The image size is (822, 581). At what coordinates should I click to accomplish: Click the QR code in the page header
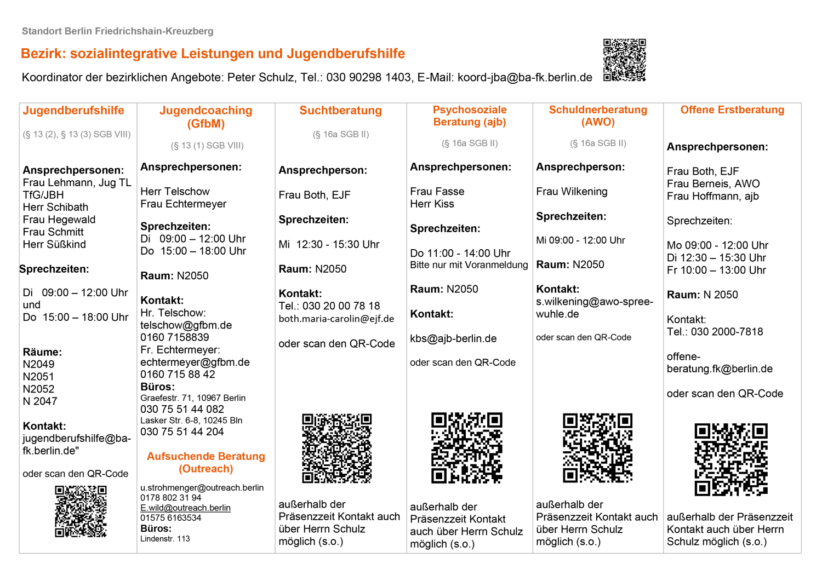coord(624,60)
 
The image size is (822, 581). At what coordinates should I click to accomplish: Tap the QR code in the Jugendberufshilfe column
coord(81,511)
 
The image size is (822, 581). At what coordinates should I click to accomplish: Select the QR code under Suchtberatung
coord(337,448)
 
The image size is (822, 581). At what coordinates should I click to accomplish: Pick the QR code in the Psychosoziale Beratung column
coord(466,448)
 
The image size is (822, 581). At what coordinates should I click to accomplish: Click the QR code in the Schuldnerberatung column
coord(597,448)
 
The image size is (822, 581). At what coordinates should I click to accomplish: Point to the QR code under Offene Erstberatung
coord(730,459)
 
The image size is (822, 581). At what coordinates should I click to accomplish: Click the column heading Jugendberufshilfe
coord(73,111)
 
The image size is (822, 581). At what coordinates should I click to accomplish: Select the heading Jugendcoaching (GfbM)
coord(206,117)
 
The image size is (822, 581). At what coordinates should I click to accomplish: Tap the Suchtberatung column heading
coord(340,111)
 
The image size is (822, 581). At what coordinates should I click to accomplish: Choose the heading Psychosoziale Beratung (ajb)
coord(470,116)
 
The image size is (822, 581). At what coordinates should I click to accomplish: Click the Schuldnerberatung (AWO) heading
coord(598,116)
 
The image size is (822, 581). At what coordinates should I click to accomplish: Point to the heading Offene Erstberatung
coord(732,110)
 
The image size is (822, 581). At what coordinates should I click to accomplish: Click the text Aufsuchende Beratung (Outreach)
coord(206,463)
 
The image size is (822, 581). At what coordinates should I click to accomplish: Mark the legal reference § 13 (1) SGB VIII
coord(207,146)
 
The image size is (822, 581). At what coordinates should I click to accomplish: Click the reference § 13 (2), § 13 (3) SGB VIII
coord(77,135)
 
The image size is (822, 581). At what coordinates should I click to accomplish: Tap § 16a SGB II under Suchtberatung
coord(341,135)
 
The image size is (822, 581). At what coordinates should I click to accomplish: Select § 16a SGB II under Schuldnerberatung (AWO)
coord(598,143)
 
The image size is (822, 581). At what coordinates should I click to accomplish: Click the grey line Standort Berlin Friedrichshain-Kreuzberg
coord(117,31)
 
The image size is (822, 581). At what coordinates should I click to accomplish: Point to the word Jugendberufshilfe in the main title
coord(345,54)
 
